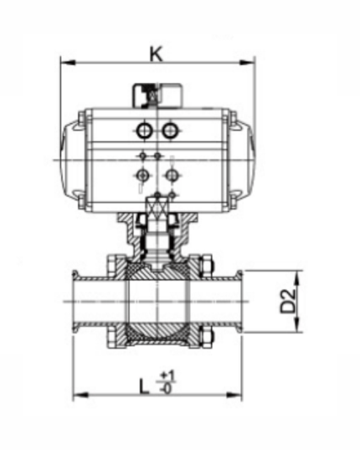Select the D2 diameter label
pyautogui.click(x=289, y=301)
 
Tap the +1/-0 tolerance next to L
pyautogui.click(x=166, y=381)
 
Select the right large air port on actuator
pyautogui.click(x=171, y=130)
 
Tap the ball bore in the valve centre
pyautogui.click(x=157, y=301)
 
